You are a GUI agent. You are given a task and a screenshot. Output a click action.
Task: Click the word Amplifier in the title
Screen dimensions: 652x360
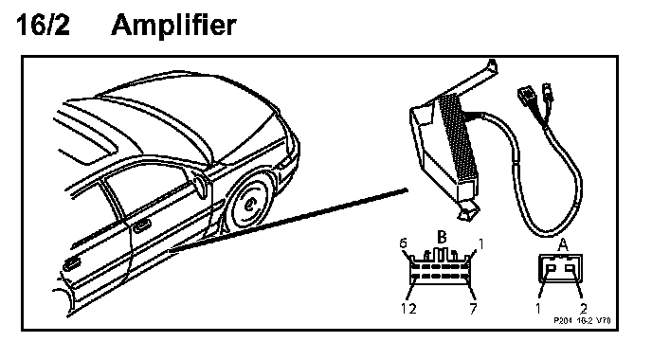tap(173, 26)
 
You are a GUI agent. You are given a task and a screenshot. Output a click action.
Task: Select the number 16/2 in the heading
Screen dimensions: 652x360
tap(43, 25)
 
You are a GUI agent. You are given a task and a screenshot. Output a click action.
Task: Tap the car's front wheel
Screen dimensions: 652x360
tap(249, 204)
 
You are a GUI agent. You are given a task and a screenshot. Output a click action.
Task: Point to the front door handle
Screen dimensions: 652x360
tap(142, 225)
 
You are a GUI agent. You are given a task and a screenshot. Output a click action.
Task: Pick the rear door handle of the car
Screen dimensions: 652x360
tap(71, 263)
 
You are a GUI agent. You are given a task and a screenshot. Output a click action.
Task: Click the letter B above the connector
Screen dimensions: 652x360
tap(442, 237)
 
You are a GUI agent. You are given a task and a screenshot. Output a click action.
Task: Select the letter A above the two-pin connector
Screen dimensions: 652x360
tap(563, 244)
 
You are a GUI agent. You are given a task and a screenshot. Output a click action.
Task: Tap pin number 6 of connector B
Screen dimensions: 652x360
tap(403, 243)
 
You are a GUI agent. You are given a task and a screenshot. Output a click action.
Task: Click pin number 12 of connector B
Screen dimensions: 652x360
tap(408, 309)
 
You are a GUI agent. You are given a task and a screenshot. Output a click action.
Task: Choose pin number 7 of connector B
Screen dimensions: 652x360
tap(473, 309)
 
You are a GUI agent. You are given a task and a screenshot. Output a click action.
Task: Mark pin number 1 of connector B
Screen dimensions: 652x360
tap(480, 243)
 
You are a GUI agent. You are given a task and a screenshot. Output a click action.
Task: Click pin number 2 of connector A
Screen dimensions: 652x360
tap(583, 309)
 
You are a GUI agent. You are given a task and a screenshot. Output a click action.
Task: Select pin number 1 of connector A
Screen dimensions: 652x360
tap(537, 309)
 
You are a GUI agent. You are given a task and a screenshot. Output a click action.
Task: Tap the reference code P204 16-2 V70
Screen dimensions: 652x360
tap(582, 320)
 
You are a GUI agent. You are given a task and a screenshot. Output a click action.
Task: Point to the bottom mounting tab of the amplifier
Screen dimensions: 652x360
tap(468, 210)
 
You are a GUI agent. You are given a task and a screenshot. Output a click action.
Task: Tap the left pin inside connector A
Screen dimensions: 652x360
tap(550, 269)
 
